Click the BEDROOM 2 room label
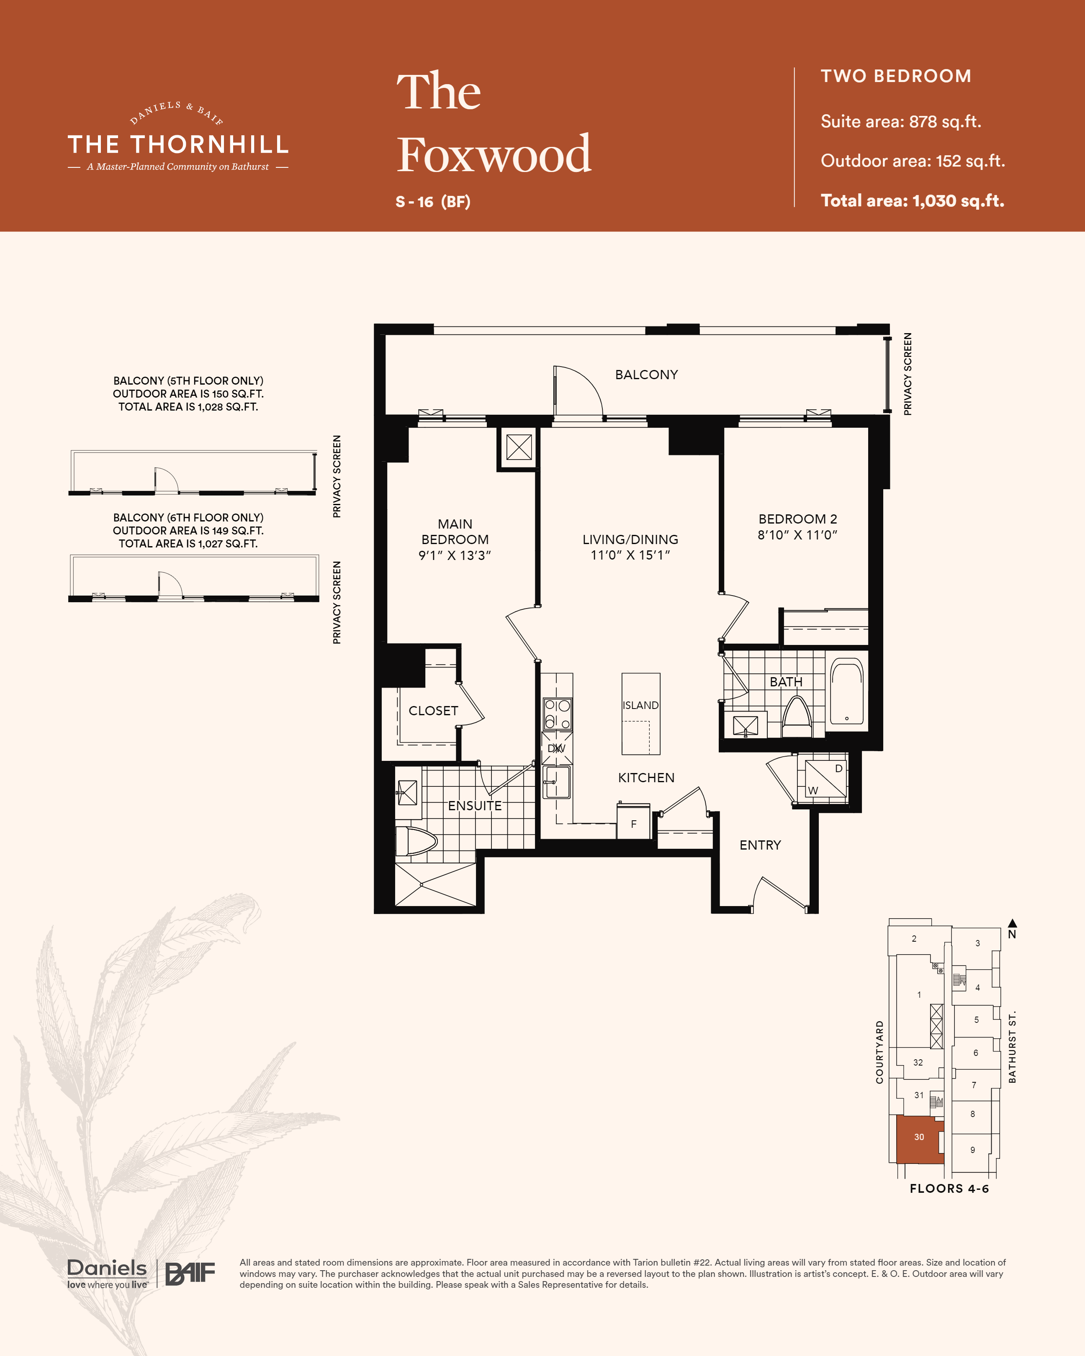coord(797,519)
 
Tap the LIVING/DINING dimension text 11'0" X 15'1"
coord(630,555)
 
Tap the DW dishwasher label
coord(557,748)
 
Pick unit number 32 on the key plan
coord(918,1062)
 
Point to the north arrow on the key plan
coord(1012,923)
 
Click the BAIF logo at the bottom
coord(190,1274)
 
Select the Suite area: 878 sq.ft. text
coord(901,121)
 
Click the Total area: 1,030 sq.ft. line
coord(913,200)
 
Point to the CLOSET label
coord(433,711)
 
